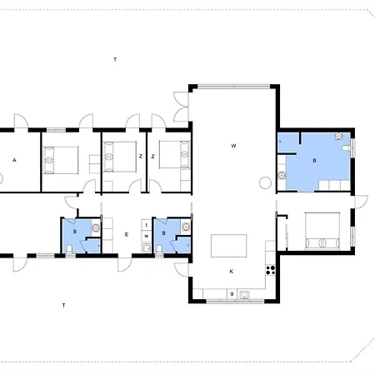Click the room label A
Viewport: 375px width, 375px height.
(x=14, y=160)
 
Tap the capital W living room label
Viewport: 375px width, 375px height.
(x=233, y=146)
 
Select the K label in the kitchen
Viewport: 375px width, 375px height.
(x=232, y=272)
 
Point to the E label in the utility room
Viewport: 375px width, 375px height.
(x=127, y=235)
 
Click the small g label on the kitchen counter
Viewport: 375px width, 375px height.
(x=232, y=293)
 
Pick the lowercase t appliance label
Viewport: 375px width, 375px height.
(x=147, y=225)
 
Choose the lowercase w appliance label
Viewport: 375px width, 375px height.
(x=147, y=237)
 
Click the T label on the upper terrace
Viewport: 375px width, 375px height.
(x=115, y=59)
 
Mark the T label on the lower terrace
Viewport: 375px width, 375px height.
(x=63, y=305)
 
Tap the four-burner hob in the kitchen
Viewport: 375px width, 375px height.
(x=271, y=270)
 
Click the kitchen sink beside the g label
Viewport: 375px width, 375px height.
(x=244, y=295)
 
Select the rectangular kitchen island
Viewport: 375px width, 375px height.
(x=228, y=246)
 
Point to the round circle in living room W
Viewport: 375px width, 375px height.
(x=265, y=182)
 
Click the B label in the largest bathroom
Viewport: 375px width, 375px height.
(x=314, y=160)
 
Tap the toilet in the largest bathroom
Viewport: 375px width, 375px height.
(x=346, y=148)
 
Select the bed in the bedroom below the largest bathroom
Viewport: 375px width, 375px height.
(x=322, y=231)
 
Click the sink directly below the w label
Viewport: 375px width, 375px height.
(x=146, y=247)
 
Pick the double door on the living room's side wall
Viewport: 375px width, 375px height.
(x=181, y=107)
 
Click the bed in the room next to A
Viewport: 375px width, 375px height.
(x=60, y=160)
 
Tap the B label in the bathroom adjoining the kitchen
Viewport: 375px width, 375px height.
(x=163, y=233)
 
